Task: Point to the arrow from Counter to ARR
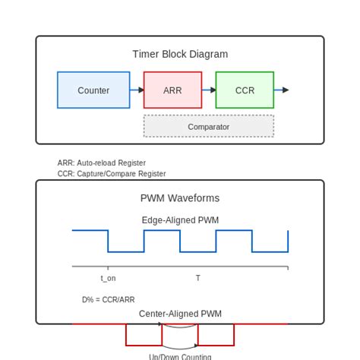(x=137, y=90)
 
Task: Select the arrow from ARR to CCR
(x=209, y=90)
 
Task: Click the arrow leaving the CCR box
(x=281, y=90)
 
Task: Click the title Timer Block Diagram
(x=180, y=54)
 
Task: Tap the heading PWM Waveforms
(x=180, y=198)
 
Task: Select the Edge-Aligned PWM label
(x=180, y=220)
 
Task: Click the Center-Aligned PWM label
(x=180, y=314)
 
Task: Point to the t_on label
(x=108, y=279)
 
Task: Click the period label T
(x=198, y=279)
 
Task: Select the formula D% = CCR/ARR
(x=109, y=300)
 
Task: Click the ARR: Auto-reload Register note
(x=101, y=163)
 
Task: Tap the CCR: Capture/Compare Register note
(x=111, y=174)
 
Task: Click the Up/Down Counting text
(x=180, y=356)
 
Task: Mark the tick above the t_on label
(x=108, y=268)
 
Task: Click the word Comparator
(x=209, y=127)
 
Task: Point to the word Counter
(x=93, y=90)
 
